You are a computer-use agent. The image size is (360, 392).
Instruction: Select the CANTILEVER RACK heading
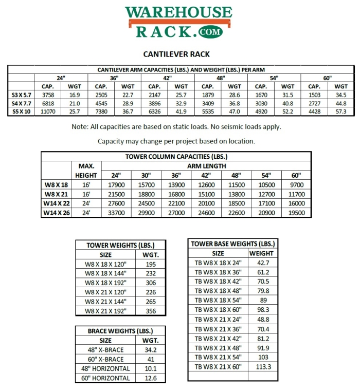(176, 54)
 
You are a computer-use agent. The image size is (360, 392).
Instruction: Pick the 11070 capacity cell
(48, 111)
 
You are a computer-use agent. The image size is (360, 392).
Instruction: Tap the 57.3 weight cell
(341, 111)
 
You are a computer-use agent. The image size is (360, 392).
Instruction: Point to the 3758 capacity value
(48, 95)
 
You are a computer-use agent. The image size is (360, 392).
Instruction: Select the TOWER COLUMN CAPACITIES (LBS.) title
(176, 157)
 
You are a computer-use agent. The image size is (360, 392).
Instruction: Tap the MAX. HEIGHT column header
(86, 171)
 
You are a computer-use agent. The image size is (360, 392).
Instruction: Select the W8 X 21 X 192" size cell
(105, 311)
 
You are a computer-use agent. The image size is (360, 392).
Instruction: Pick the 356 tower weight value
(151, 311)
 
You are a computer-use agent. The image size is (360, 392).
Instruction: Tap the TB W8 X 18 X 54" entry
(218, 300)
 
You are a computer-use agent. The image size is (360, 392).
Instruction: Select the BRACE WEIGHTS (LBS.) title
(120, 331)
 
